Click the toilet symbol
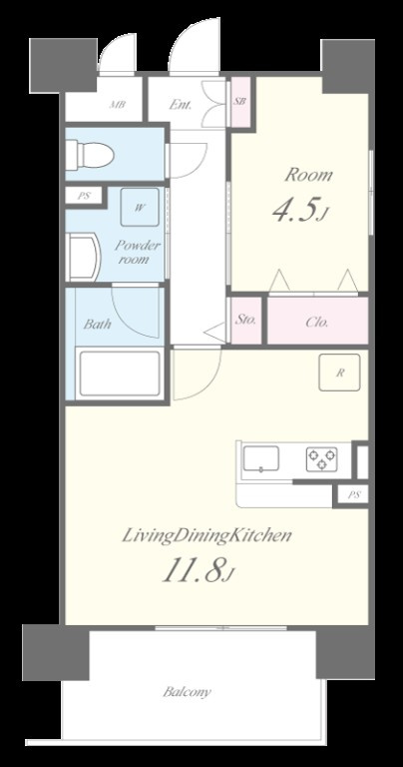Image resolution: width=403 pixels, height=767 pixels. (90, 155)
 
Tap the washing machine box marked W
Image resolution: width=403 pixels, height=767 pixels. (140, 208)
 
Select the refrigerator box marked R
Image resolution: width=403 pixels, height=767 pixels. (339, 373)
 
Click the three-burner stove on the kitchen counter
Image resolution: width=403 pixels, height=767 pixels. (321, 458)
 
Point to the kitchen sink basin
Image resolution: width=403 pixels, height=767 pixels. (261, 458)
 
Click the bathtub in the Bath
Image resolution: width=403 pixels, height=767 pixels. (119, 374)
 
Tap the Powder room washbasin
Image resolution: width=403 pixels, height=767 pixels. (83, 258)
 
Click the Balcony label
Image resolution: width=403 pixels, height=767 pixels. (187, 692)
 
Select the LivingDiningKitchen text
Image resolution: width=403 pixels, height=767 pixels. (206, 535)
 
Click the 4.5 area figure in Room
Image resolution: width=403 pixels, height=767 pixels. (298, 211)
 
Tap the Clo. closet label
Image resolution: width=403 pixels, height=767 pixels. (317, 323)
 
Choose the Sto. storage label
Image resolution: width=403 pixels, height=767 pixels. (245, 321)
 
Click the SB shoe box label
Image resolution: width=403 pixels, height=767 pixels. (239, 102)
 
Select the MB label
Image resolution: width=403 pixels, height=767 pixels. (118, 104)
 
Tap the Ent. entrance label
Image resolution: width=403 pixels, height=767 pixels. (181, 105)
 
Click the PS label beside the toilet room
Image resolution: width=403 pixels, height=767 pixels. (84, 196)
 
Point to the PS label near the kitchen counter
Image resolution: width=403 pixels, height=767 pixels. (354, 495)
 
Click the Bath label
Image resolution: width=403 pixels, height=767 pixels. (97, 324)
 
